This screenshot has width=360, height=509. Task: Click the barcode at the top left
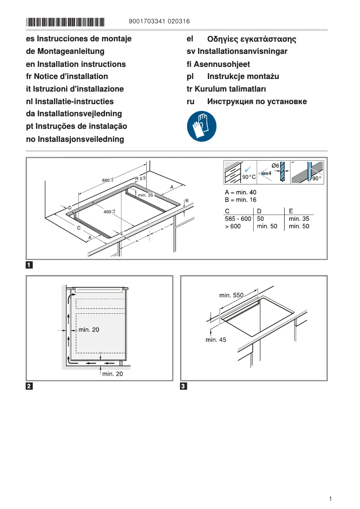[65, 22]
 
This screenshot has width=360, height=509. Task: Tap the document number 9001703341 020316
[159, 22]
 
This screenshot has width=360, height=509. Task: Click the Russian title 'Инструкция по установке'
[257, 101]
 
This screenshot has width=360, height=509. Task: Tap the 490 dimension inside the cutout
[109, 212]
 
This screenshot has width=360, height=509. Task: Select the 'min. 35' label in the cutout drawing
[145, 195]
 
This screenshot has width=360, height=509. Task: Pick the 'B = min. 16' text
[241, 200]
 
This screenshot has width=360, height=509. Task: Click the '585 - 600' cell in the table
[238, 219]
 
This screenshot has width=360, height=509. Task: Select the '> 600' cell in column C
[233, 227]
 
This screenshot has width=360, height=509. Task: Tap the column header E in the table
[291, 211]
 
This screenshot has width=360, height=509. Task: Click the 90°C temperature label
[249, 177]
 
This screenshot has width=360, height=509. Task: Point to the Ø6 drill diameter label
[276, 166]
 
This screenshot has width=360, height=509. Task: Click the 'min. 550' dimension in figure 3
[231, 295]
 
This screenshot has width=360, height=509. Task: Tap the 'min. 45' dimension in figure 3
[216, 340]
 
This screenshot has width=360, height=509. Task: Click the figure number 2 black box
[29, 386]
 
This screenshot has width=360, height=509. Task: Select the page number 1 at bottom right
[330, 499]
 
